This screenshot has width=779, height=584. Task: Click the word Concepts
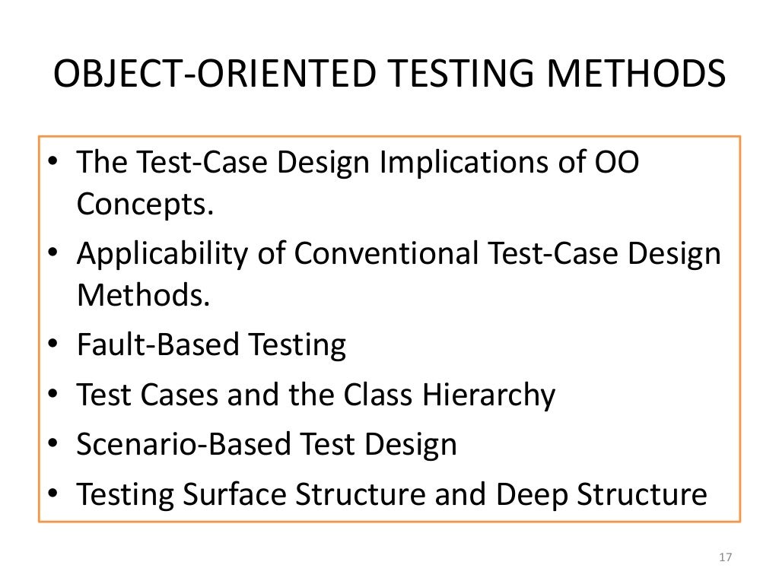coord(141,204)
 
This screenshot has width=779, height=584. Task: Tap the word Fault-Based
coord(156,344)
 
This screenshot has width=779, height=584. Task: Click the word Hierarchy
coord(479,395)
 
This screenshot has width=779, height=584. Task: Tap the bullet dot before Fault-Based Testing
coord(50,346)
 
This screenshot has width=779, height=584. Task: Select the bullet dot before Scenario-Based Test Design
coord(50,446)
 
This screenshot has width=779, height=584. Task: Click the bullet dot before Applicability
coord(50,254)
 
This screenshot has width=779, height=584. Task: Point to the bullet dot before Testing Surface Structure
coord(50,495)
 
